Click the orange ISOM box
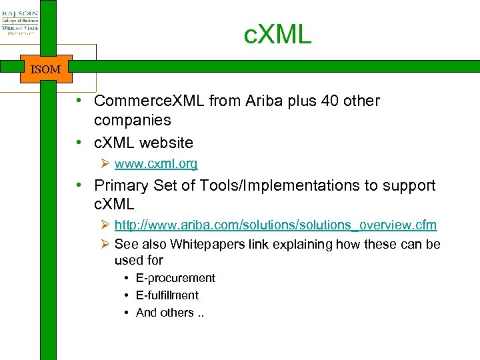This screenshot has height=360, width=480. point(45,69)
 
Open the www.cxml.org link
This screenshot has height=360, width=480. point(156,163)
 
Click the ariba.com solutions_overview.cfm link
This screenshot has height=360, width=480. point(275,226)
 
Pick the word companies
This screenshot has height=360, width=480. point(133,121)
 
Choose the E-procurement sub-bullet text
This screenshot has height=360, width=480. point(175,278)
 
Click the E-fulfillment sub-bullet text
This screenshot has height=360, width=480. point(167,295)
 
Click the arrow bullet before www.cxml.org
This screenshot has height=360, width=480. point(105,164)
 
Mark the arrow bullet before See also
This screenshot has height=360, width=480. point(105,245)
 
